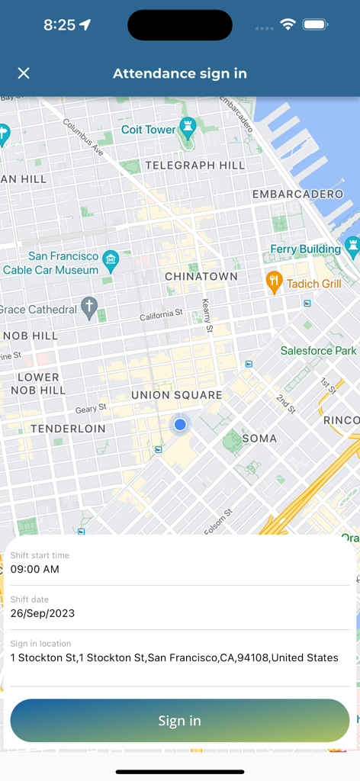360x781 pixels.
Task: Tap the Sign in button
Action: click(x=180, y=721)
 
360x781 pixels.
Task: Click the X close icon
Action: click(x=24, y=73)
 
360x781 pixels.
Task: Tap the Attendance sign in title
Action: click(x=180, y=73)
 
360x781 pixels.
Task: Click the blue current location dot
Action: click(x=180, y=424)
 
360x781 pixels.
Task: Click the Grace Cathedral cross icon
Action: click(x=89, y=308)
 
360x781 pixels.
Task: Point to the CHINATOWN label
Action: click(x=201, y=276)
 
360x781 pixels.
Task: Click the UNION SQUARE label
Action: click(x=177, y=395)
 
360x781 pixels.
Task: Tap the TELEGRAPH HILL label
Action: click(x=195, y=165)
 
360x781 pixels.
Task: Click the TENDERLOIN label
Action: click(x=69, y=429)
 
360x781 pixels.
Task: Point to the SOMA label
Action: click(x=259, y=439)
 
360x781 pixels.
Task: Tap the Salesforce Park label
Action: click(x=319, y=351)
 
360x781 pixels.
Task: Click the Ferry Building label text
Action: click(x=305, y=249)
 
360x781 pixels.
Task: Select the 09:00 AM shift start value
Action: click(x=35, y=569)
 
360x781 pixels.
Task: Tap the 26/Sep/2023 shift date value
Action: click(x=43, y=613)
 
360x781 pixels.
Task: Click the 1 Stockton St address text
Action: click(x=175, y=657)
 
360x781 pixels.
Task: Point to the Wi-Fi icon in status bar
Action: click(x=288, y=24)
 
